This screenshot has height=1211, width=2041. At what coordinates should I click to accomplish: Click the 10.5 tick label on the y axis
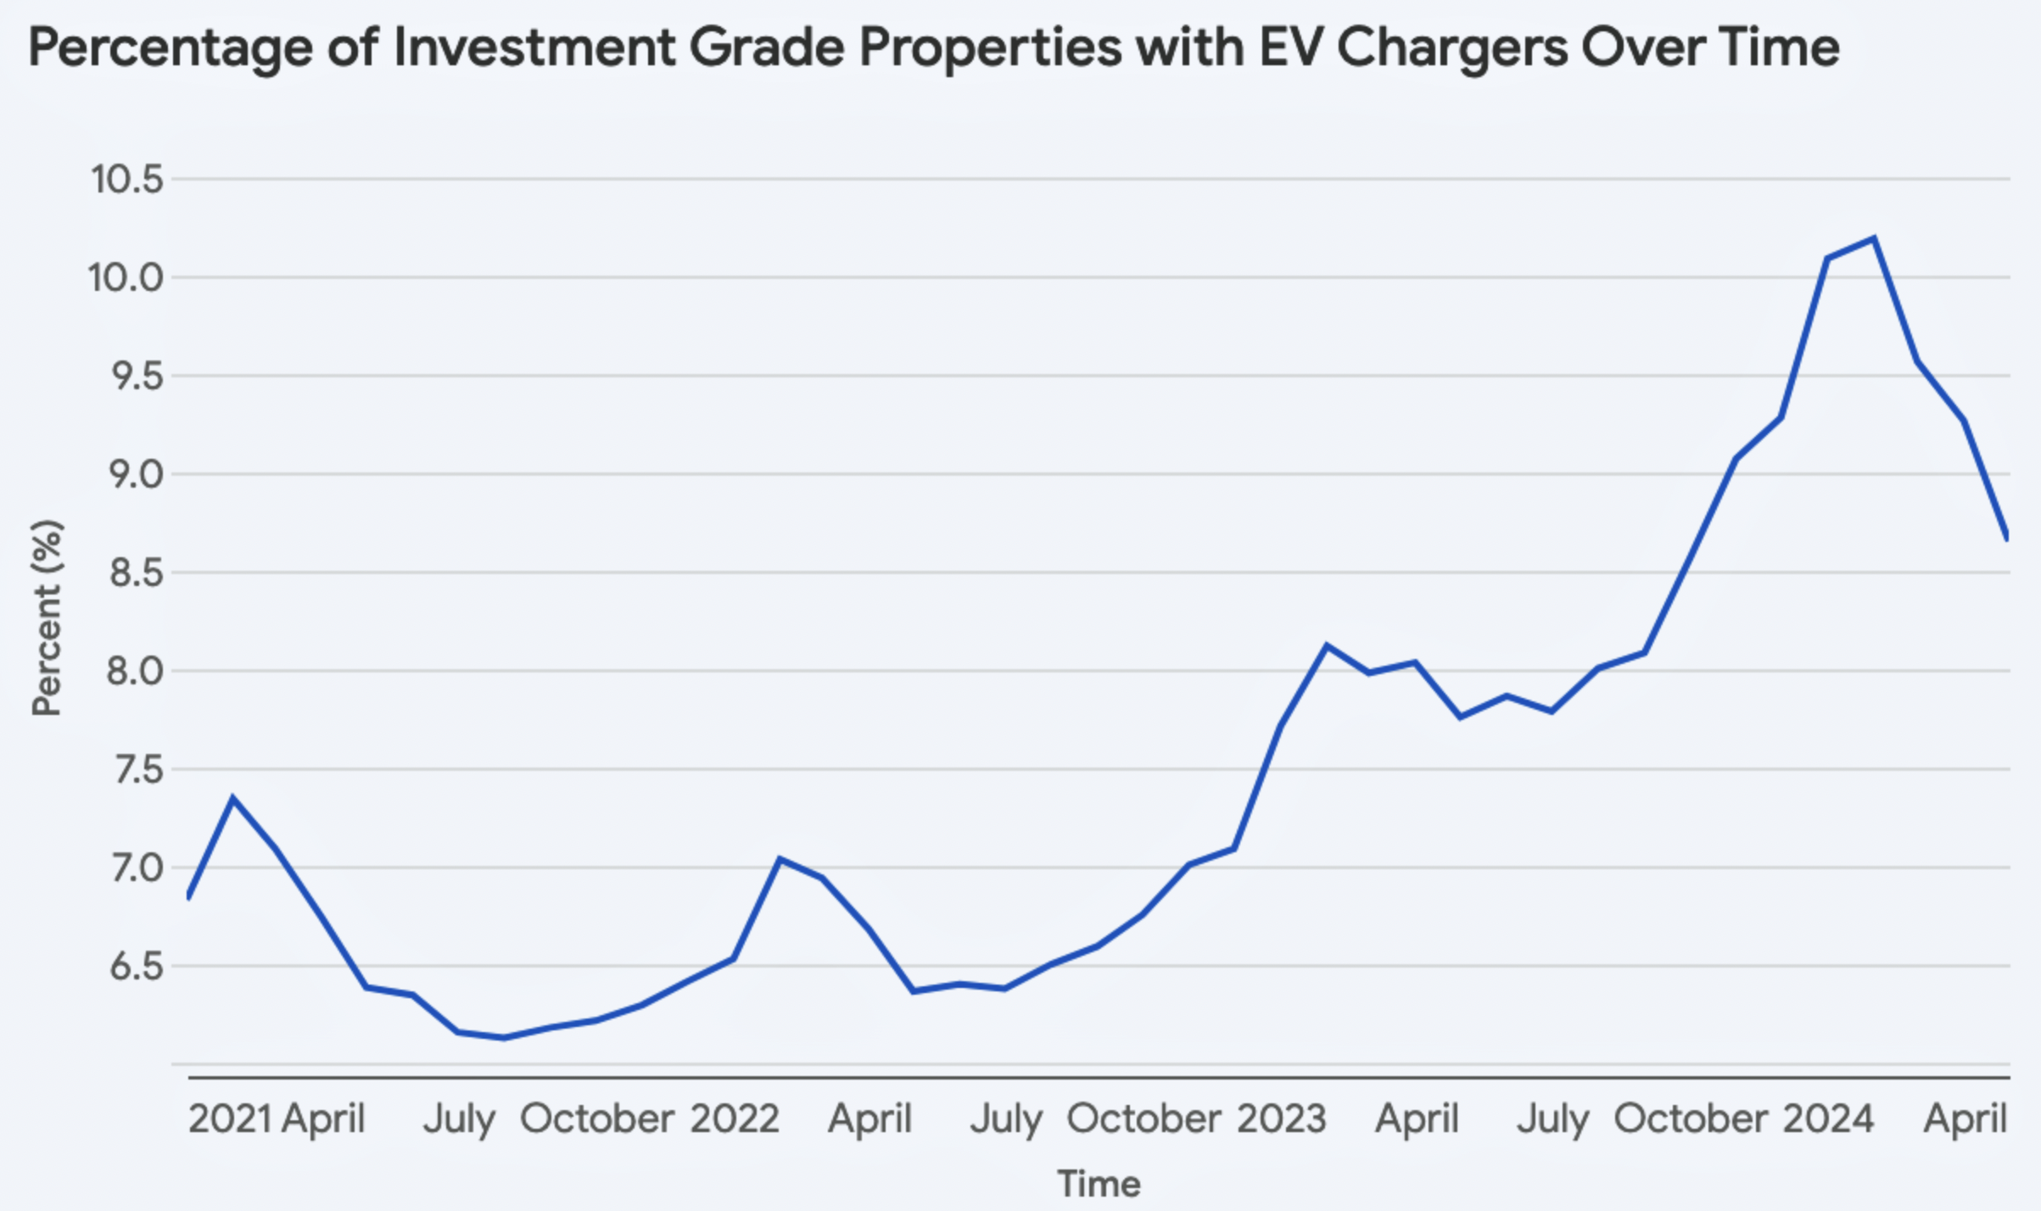tap(126, 180)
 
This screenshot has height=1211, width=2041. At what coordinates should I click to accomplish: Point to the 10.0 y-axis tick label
tap(126, 278)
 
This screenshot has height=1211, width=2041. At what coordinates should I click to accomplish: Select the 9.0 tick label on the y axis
tap(136, 475)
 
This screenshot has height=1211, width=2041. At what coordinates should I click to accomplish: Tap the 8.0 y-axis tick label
tap(135, 672)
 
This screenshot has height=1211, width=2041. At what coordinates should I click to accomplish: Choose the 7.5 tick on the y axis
tap(136, 770)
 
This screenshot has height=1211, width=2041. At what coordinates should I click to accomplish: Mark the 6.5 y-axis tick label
tap(136, 967)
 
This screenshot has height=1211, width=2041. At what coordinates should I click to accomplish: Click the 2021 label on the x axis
tap(230, 1119)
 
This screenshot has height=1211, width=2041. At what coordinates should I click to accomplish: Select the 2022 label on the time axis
tap(734, 1119)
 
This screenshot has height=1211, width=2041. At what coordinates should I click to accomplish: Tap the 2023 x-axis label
tap(1281, 1119)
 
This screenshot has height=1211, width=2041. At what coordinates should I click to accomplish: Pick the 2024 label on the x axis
tap(1828, 1119)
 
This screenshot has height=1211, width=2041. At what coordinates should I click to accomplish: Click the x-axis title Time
tap(1099, 1184)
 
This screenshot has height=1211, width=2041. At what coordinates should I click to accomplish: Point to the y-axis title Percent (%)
tap(48, 617)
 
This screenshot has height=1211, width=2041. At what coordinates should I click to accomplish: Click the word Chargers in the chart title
tap(1452, 47)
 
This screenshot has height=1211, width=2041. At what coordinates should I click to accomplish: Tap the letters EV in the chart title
tap(1290, 47)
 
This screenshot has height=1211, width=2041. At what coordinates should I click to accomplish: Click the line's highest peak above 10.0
tap(1873, 238)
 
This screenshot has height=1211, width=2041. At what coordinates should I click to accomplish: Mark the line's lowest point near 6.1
tap(505, 1037)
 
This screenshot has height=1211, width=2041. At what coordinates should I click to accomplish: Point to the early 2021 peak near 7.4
tap(232, 797)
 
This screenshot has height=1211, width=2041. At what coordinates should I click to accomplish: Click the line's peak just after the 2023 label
tap(1327, 646)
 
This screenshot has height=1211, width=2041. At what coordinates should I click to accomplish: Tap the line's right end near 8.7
tap(2007, 537)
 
